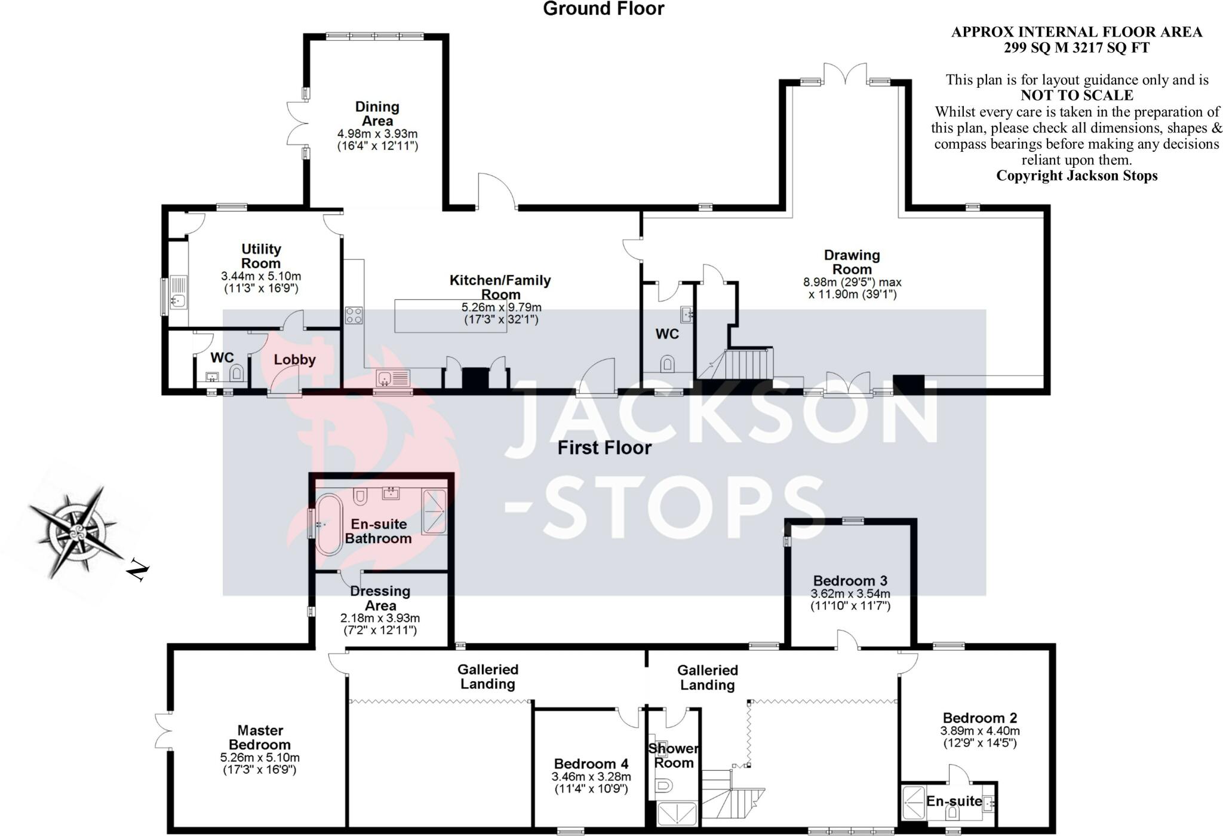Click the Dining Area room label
377,114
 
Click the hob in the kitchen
354,315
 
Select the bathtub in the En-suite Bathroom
328,525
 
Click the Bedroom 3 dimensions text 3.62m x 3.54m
850,594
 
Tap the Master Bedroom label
260,737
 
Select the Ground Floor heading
603,9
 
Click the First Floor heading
604,448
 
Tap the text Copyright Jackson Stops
1077,176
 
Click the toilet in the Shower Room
663,785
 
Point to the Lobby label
294,360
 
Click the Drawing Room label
852,262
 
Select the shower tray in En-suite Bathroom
434,511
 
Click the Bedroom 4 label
591,764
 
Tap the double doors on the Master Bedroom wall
163,730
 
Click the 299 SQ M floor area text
1076,48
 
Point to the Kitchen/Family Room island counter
450,316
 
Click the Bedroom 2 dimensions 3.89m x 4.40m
980,731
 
